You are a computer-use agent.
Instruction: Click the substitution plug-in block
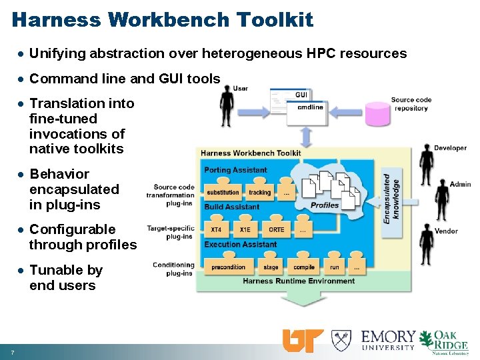(x=223, y=192)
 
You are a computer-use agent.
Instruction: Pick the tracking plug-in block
(x=260, y=192)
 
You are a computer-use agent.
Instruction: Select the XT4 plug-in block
(x=217, y=229)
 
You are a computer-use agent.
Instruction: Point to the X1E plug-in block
(x=245, y=229)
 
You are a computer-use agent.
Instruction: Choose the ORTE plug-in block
(x=276, y=229)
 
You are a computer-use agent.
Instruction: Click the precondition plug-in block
(x=229, y=267)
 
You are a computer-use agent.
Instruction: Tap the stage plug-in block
(x=271, y=267)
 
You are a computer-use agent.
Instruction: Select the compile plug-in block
(x=304, y=267)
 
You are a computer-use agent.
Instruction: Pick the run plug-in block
(x=334, y=267)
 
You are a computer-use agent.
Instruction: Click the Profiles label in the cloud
(x=325, y=205)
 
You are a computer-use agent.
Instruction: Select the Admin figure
(x=441, y=199)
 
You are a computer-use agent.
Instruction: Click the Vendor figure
(x=427, y=243)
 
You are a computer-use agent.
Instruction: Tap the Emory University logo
(x=388, y=340)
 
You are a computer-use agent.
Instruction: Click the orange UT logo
(x=303, y=341)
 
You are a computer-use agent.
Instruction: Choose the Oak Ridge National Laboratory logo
(x=451, y=341)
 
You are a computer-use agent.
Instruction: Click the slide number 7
(x=12, y=351)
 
